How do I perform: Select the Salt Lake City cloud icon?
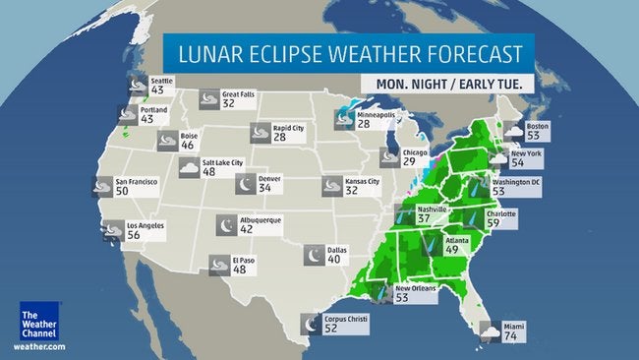point(187,167)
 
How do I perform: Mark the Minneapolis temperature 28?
point(363,124)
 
